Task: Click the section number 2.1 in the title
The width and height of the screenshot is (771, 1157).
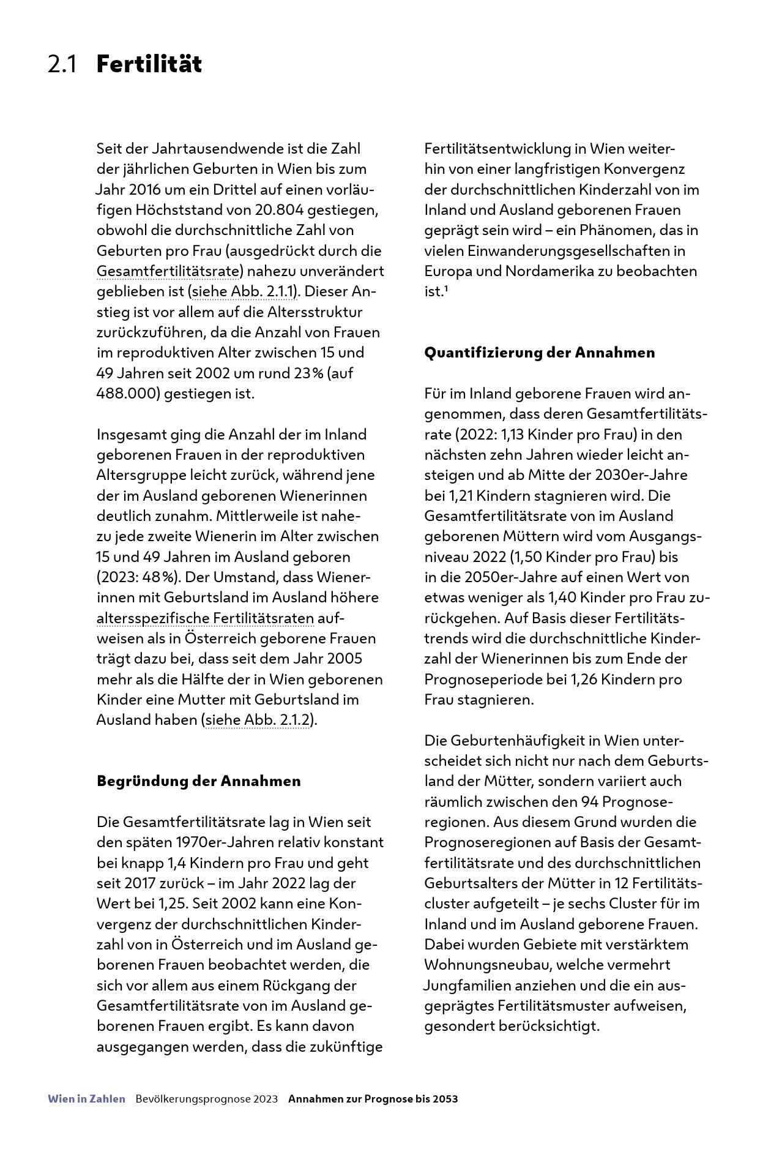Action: click(x=62, y=64)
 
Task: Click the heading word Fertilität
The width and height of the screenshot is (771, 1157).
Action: click(x=149, y=64)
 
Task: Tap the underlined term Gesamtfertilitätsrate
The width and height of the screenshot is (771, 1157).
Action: click(x=167, y=271)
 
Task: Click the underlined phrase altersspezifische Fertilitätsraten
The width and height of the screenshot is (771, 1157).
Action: click(x=205, y=618)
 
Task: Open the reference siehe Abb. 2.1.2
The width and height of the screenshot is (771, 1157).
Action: click(x=257, y=720)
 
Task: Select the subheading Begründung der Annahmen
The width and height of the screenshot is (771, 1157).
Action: click(x=199, y=781)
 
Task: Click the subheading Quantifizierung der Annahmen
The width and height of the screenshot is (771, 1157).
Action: click(x=539, y=353)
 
